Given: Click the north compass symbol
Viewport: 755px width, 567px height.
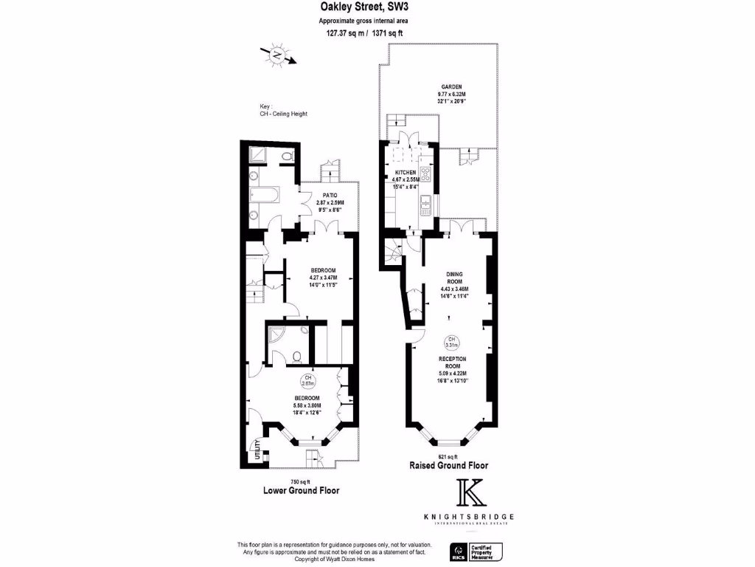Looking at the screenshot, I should pos(277,55).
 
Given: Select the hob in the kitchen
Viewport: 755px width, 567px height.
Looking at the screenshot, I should pos(426,179).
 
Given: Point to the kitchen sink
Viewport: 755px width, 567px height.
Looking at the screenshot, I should pos(425,210).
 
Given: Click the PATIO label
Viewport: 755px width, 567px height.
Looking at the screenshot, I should pos(330,195).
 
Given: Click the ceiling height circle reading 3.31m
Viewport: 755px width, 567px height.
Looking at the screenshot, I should pos(450,342).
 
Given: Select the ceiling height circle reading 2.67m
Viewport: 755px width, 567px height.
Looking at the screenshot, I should pos(308,382).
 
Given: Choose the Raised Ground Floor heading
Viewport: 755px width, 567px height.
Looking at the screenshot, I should pos(449,467).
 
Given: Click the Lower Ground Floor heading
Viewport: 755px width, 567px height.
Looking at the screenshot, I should pos(301,490).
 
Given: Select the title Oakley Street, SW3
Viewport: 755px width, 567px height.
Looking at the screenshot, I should pos(363,7).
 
